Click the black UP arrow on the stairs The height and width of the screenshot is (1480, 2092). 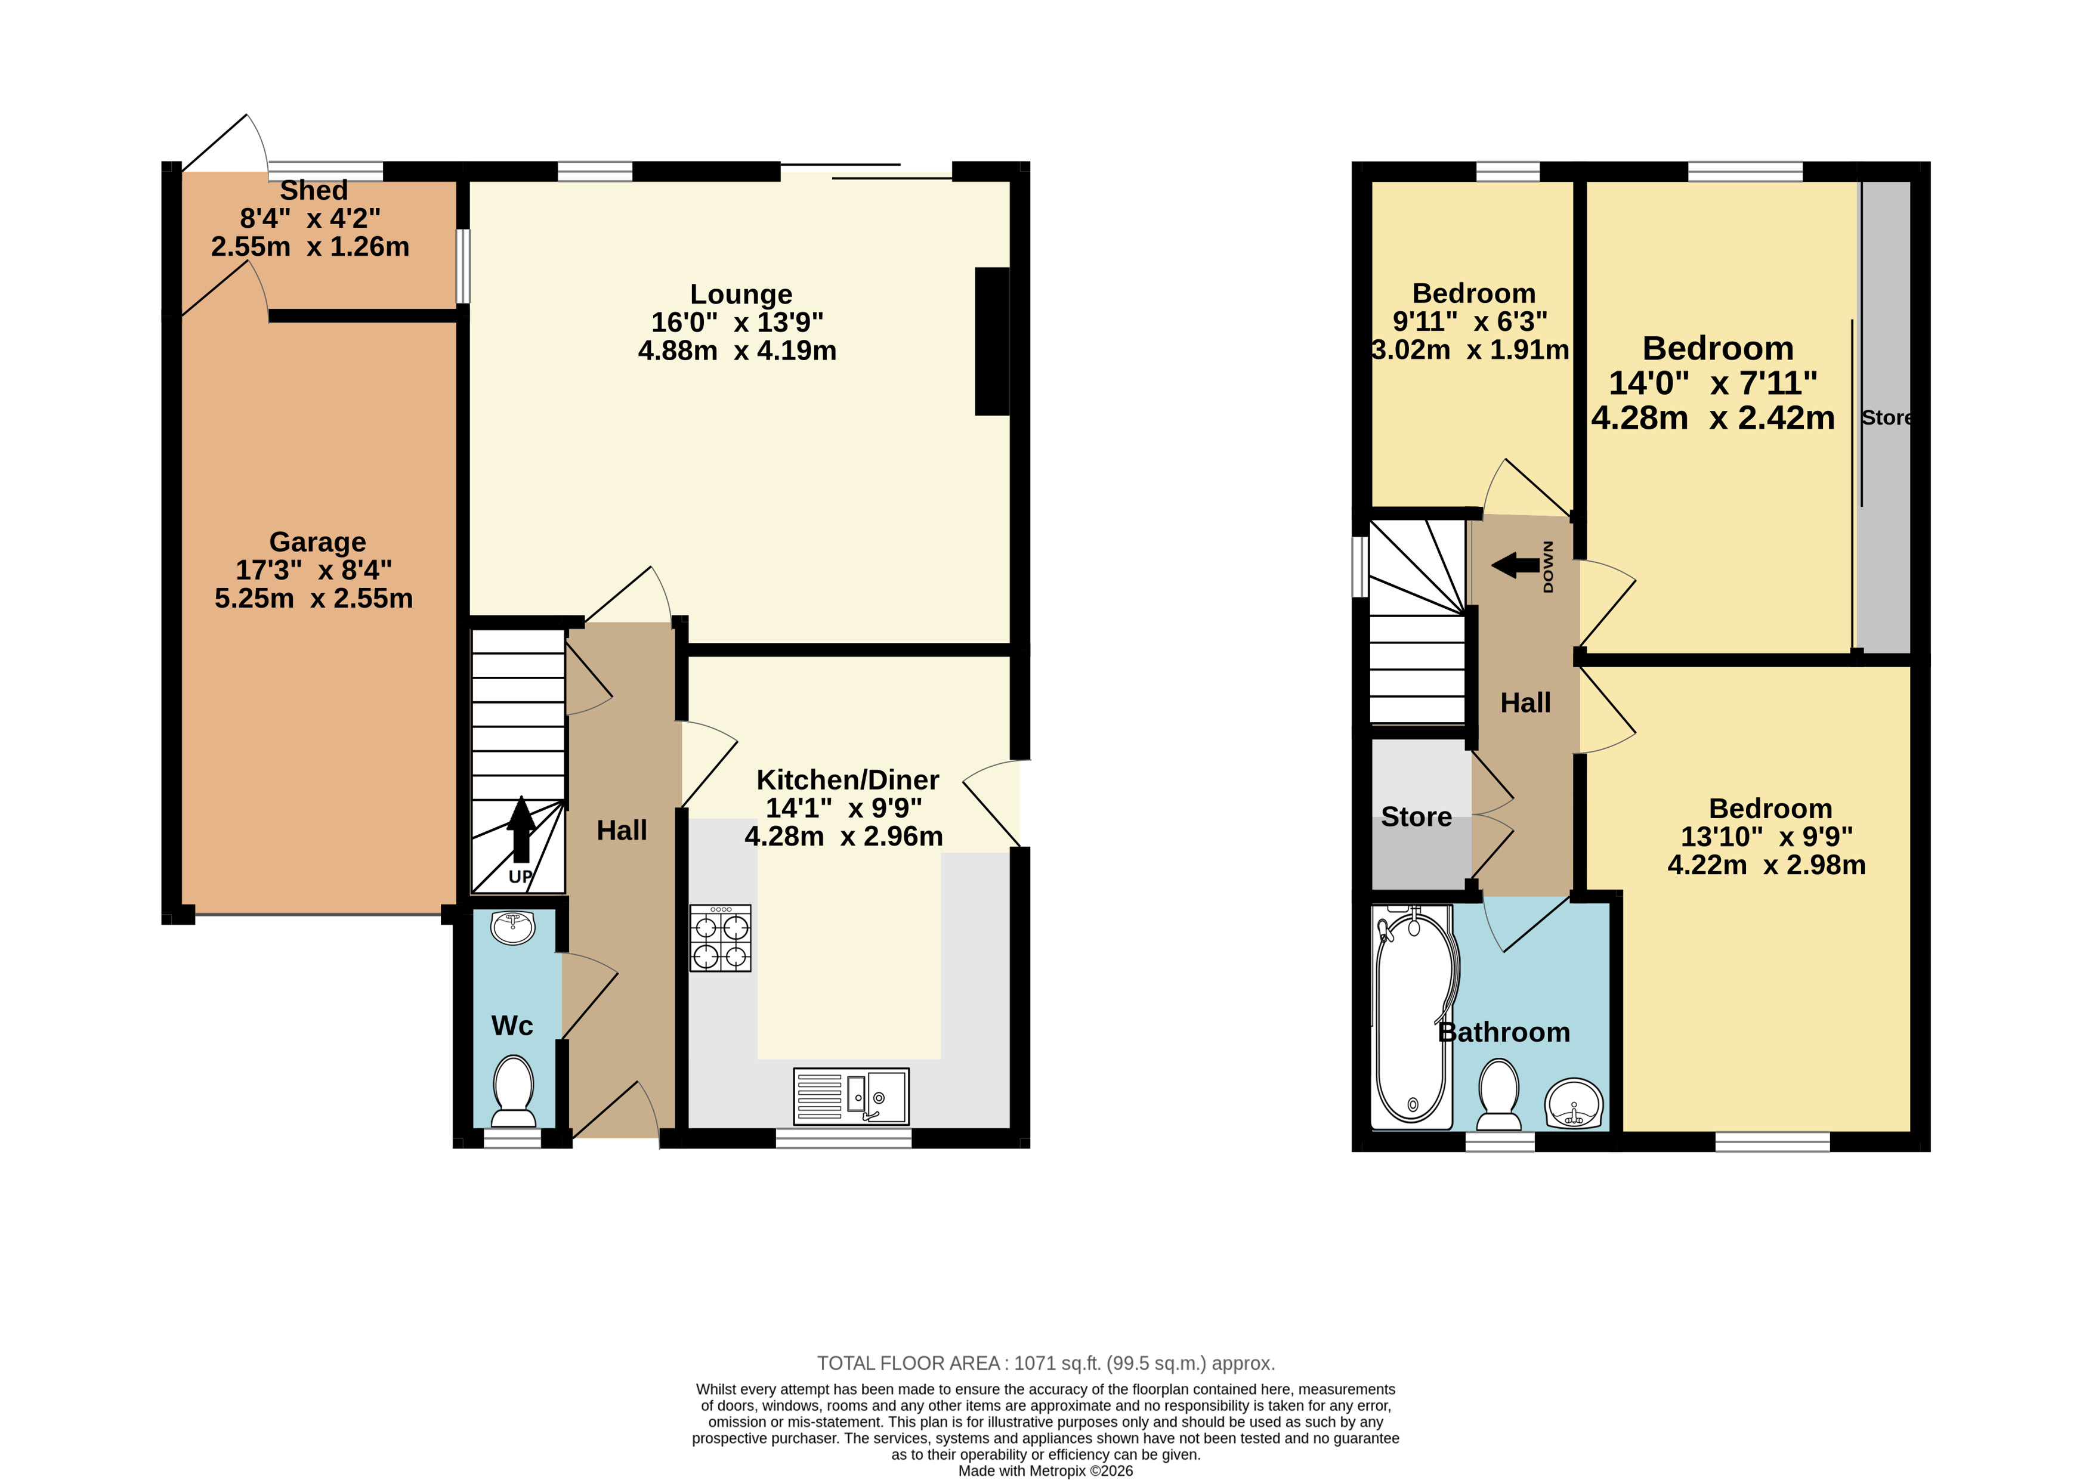[x=521, y=829]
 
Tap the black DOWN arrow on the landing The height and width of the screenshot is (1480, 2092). [x=1515, y=565]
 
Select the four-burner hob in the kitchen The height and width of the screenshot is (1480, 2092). [x=720, y=938]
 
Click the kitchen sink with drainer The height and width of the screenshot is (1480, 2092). [x=851, y=1097]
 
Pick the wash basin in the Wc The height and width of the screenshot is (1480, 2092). [x=513, y=928]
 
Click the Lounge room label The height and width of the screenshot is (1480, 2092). [x=741, y=295]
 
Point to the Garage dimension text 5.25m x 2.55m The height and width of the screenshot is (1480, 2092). [x=314, y=599]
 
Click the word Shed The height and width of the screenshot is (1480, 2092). [x=314, y=190]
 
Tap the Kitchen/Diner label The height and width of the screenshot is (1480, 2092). [x=848, y=780]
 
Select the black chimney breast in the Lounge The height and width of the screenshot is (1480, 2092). [x=993, y=341]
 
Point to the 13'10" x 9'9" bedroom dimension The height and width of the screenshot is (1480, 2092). [x=1766, y=837]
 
